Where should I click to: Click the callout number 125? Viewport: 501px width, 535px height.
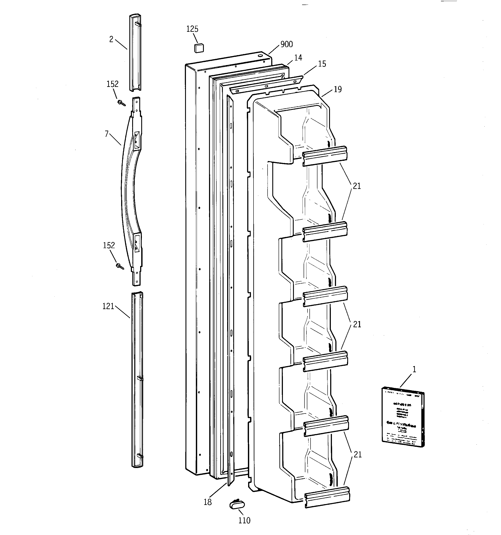pos(192,29)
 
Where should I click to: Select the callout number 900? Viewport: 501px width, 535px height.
pos(286,44)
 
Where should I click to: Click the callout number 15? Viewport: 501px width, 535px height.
pos(322,64)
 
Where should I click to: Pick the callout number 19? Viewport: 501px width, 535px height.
pos(338,89)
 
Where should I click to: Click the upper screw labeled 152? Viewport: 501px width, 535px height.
pos(122,102)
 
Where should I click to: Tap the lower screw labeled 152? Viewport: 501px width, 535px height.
pos(120,267)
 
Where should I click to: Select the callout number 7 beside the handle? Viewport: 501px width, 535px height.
pos(107,134)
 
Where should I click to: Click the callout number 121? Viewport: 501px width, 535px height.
pos(108,306)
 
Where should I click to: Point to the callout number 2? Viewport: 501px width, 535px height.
pos(111,40)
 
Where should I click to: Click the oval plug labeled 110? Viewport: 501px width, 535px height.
pos(237,505)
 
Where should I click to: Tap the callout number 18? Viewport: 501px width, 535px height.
pos(208,502)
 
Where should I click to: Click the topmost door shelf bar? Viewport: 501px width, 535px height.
pos(325,156)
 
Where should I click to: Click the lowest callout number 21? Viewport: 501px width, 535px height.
pos(357,455)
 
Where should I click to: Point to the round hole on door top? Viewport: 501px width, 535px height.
pos(260,55)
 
